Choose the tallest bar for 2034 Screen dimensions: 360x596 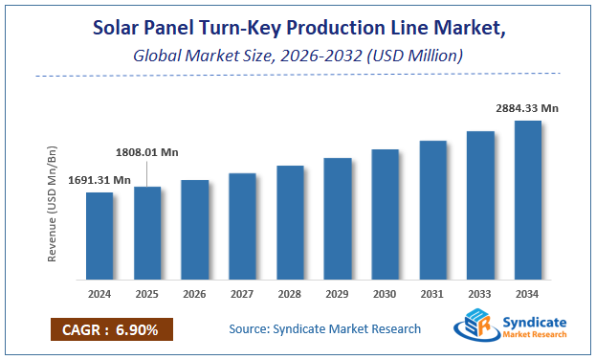click(528, 200)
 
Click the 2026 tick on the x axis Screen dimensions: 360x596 click(195, 295)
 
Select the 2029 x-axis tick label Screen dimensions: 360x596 click(338, 295)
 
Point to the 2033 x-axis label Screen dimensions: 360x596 click(480, 295)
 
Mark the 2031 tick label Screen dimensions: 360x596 click(432, 295)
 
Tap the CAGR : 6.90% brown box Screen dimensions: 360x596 click(112, 330)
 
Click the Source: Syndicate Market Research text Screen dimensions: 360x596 click(324, 329)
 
